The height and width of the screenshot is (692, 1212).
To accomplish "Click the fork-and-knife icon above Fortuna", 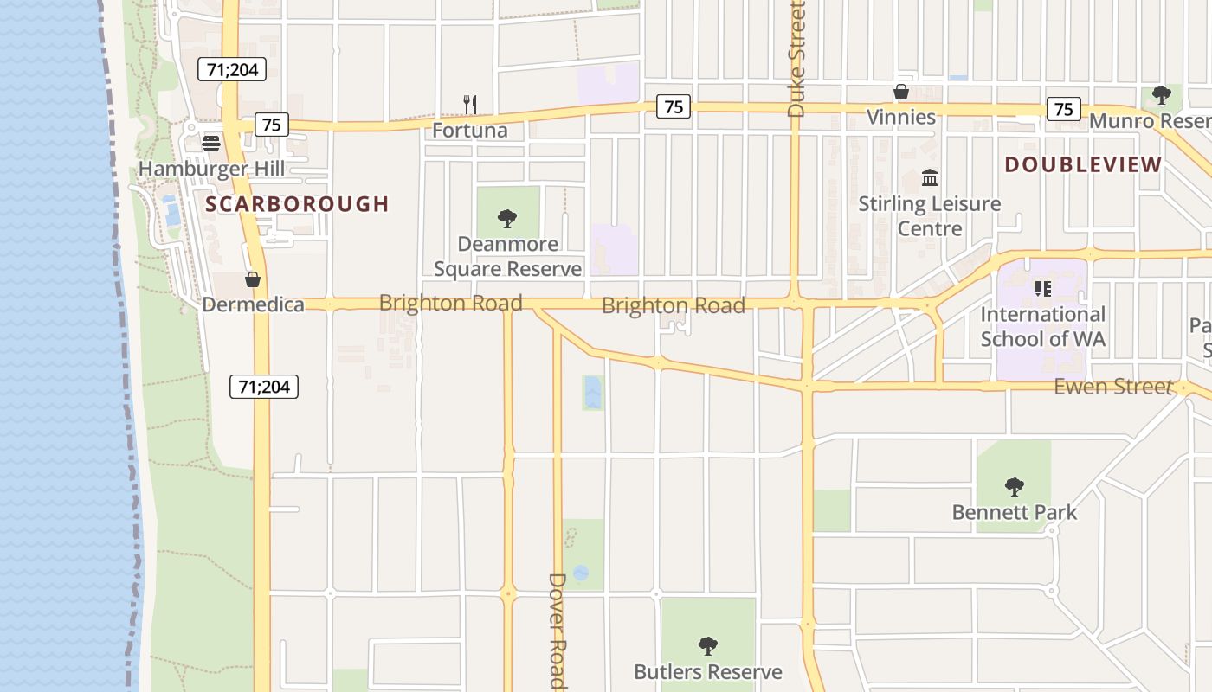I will (x=470, y=105).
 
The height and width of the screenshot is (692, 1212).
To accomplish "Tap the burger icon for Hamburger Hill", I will (x=211, y=143).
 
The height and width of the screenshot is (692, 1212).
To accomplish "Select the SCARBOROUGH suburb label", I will (x=297, y=204).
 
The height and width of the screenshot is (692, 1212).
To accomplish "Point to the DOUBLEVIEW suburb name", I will (x=1083, y=164).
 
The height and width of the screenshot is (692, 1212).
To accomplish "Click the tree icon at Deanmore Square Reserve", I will (x=508, y=218).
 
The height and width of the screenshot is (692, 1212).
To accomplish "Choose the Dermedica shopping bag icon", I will (x=253, y=279).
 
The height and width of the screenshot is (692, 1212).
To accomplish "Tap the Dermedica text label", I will (x=253, y=304).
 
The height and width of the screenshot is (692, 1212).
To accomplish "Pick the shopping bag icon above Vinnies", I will (x=901, y=92).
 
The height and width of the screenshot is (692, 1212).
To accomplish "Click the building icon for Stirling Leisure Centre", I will (x=930, y=178).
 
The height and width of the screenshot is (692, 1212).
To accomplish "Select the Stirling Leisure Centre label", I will (x=930, y=216).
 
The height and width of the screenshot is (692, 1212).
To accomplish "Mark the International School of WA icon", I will (x=1043, y=288).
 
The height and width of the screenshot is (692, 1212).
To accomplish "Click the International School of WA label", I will (x=1043, y=326).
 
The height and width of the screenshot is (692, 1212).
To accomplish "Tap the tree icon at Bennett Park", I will (x=1015, y=487).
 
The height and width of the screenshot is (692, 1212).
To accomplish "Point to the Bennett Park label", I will (x=1015, y=512).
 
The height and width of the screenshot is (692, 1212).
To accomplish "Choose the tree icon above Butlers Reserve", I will (x=708, y=645).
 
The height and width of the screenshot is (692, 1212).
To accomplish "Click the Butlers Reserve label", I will (x=708, y=672).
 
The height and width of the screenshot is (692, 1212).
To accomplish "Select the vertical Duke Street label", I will (x=796, y=59).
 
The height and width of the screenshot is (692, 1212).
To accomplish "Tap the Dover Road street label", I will (x=558, y=630).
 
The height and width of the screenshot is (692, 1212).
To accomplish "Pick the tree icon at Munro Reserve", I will (x=1161, y=94).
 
